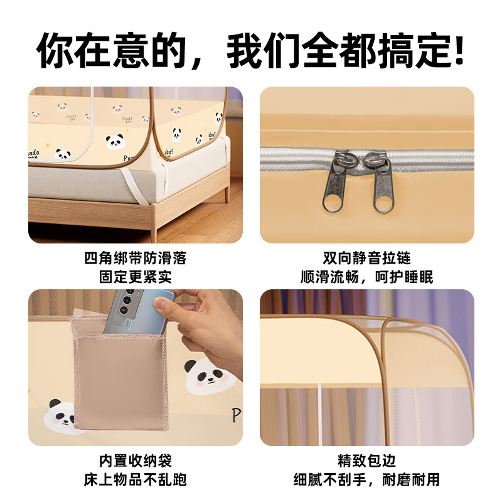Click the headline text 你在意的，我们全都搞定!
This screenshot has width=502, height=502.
click(x=251, y=51)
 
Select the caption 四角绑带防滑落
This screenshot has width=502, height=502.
click(x=135, y=258)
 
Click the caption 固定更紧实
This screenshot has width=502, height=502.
click(x=135, y=277)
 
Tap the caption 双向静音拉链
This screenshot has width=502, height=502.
click(x=367, y=258)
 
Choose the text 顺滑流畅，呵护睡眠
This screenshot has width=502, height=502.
click(x=367, y=277)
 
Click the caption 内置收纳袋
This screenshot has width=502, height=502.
click(x=135, y=461)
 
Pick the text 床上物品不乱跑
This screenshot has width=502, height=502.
click(x=135, y=480)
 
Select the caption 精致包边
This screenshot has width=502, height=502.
click(x=367, y=461)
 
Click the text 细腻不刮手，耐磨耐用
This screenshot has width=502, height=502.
click(x=367, y=480)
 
